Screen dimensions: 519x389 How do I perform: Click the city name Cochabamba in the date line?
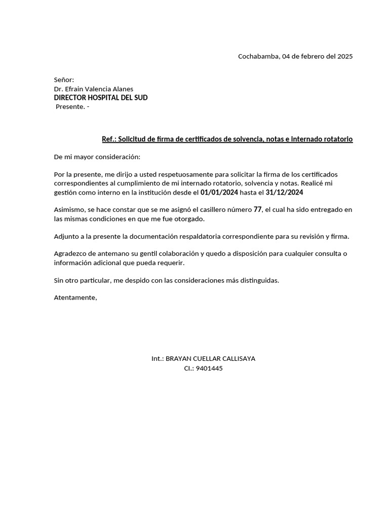coord(258,56)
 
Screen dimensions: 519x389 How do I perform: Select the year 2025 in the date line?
coord(344,56)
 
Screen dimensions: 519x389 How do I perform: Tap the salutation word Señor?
coord(64,80)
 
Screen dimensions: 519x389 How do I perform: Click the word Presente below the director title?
coord(70,106)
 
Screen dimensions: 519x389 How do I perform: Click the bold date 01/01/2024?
coord(219,192)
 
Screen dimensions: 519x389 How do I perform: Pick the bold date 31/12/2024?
coord(284,192)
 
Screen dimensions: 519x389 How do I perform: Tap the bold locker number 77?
coord(257,209)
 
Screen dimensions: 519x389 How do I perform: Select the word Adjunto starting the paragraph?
coord(67,236)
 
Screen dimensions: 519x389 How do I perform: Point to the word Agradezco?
coord(71,253)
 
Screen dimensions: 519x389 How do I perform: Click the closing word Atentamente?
coord(75,297)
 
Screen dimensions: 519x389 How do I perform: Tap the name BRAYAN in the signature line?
coord(179,358)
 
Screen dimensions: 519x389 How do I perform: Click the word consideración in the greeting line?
coord(119,157)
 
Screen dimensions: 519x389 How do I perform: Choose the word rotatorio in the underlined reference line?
coord(335,139)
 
